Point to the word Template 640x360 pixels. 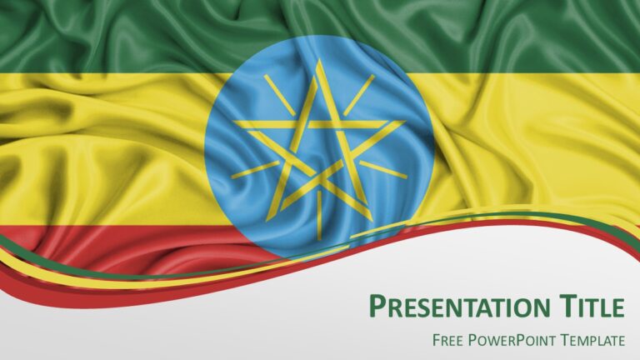592,340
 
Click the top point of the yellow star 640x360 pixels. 320,60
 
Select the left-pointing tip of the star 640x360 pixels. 234,122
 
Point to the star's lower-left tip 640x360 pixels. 267,220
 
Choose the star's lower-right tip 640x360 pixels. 372,220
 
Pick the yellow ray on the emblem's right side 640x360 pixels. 383,170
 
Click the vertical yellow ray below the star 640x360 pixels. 320,215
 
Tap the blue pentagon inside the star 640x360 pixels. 319,150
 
